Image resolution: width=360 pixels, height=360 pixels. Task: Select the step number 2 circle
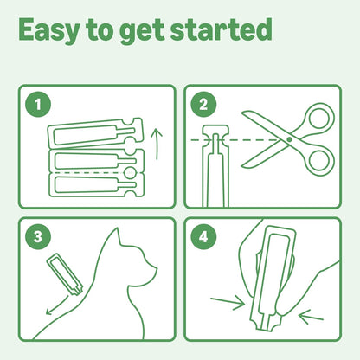click(202, 106)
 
